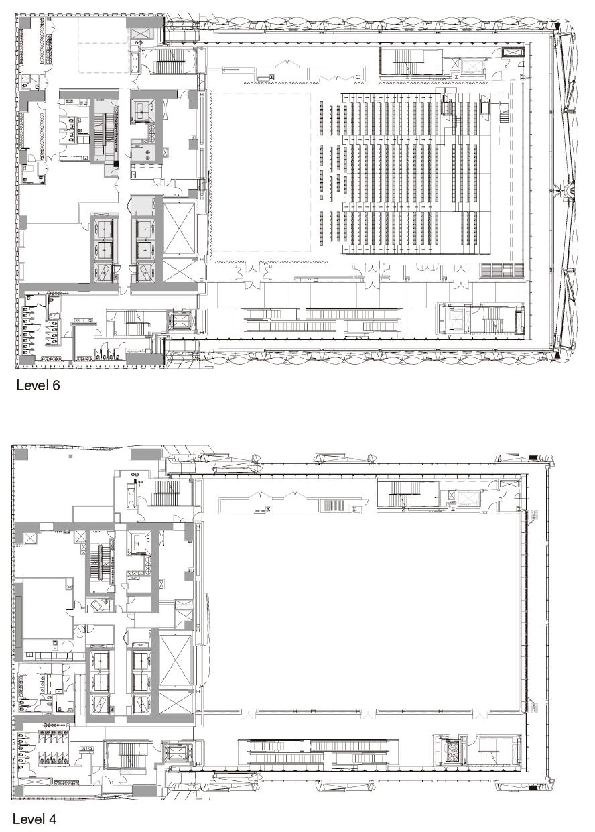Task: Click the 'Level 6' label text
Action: point(38,385)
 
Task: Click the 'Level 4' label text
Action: point(35,819)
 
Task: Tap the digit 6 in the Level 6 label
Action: point(56,385)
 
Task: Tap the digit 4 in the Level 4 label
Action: point(52,819)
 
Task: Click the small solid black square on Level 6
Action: point(116,164)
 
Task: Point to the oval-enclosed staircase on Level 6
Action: point(169,60)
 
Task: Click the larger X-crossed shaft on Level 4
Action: point(176,661)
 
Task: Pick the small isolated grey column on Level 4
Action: point(70,455)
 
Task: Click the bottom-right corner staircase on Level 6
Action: point(496,318)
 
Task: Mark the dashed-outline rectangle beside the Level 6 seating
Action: point(261,172)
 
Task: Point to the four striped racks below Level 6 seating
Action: point(503,270)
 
